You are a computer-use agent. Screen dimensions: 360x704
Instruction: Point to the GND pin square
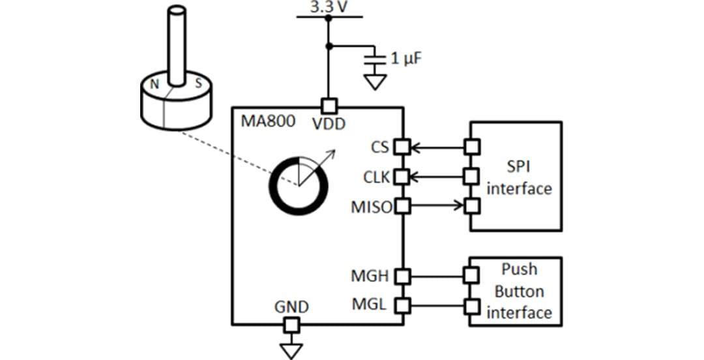click(291, 324)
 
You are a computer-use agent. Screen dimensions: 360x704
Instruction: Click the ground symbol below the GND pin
click(291, 350)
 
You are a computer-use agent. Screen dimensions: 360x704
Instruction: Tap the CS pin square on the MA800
click(403, 147)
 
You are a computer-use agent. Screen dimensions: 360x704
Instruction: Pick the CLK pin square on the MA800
click(403, 176)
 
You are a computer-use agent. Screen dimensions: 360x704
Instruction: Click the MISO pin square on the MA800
click(403, 206)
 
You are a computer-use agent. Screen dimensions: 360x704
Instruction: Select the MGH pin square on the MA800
click(403, 276)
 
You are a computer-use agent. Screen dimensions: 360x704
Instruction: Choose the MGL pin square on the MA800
click(403, 305)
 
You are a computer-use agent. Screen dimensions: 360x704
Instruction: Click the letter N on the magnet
click(154, 83)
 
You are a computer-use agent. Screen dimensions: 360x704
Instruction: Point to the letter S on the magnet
click(198, 83)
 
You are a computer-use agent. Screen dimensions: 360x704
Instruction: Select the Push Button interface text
click(519, 291)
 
